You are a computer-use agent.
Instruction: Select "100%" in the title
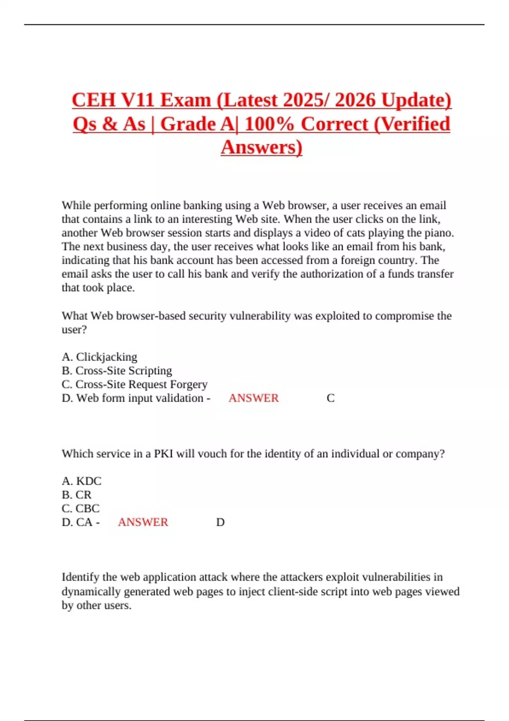269,124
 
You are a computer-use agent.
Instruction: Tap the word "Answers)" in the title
261,147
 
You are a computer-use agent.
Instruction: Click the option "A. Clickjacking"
100,357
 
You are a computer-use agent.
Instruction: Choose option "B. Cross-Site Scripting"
117,370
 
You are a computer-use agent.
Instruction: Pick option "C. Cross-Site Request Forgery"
134,384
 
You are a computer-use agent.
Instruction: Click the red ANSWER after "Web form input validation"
254,398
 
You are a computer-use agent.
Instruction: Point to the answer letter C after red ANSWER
330,398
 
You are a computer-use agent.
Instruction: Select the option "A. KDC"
81,481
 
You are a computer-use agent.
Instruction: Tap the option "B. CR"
76,495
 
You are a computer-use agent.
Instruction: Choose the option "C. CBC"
81,508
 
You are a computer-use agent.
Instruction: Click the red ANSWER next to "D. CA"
143,522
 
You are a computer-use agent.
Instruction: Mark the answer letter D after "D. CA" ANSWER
220,522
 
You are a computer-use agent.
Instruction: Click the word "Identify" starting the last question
81,577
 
